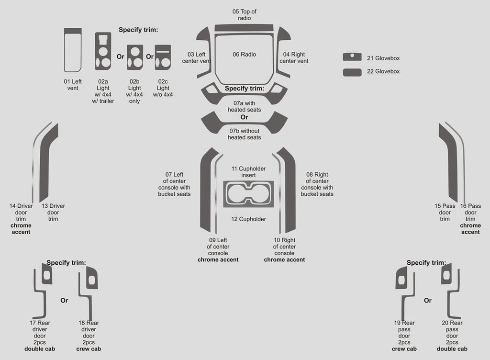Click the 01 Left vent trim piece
click(72, 49)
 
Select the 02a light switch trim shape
click(103, 51)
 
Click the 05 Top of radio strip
click(244, 28)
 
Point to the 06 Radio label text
click(244, 55)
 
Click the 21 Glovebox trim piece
click(352, 57)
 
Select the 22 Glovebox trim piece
click(352, 72)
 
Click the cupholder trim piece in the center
click(248, 194)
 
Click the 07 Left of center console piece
click(206, 191)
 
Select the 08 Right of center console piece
click(290, 191)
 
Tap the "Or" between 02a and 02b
click(121, 56)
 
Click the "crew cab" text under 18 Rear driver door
click(89, 349)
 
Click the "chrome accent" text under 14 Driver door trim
click(21, 229)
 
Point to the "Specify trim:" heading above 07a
click(244, 89)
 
